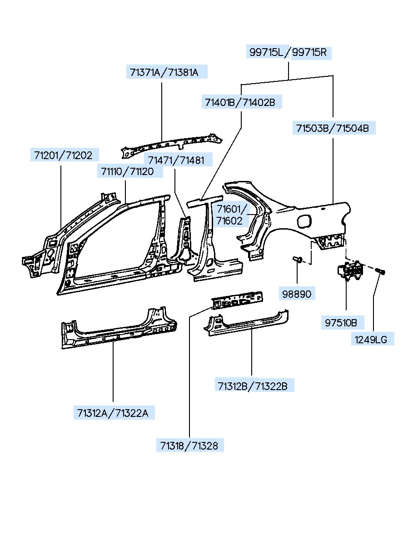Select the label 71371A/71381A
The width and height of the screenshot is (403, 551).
tap(164, 72)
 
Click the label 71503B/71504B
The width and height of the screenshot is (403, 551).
tap(333, 128)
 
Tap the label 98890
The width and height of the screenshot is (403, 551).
tap(296, 294)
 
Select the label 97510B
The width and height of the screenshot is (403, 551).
tap(341, 323)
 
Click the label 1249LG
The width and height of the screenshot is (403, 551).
tap(372, 339)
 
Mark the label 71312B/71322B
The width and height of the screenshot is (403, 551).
tap(252, 386)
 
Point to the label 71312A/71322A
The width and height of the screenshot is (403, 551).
tap(113, 413)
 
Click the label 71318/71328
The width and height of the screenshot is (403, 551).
tap(189, 446)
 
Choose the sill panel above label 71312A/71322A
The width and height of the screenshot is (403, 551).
tap(118, 329)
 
